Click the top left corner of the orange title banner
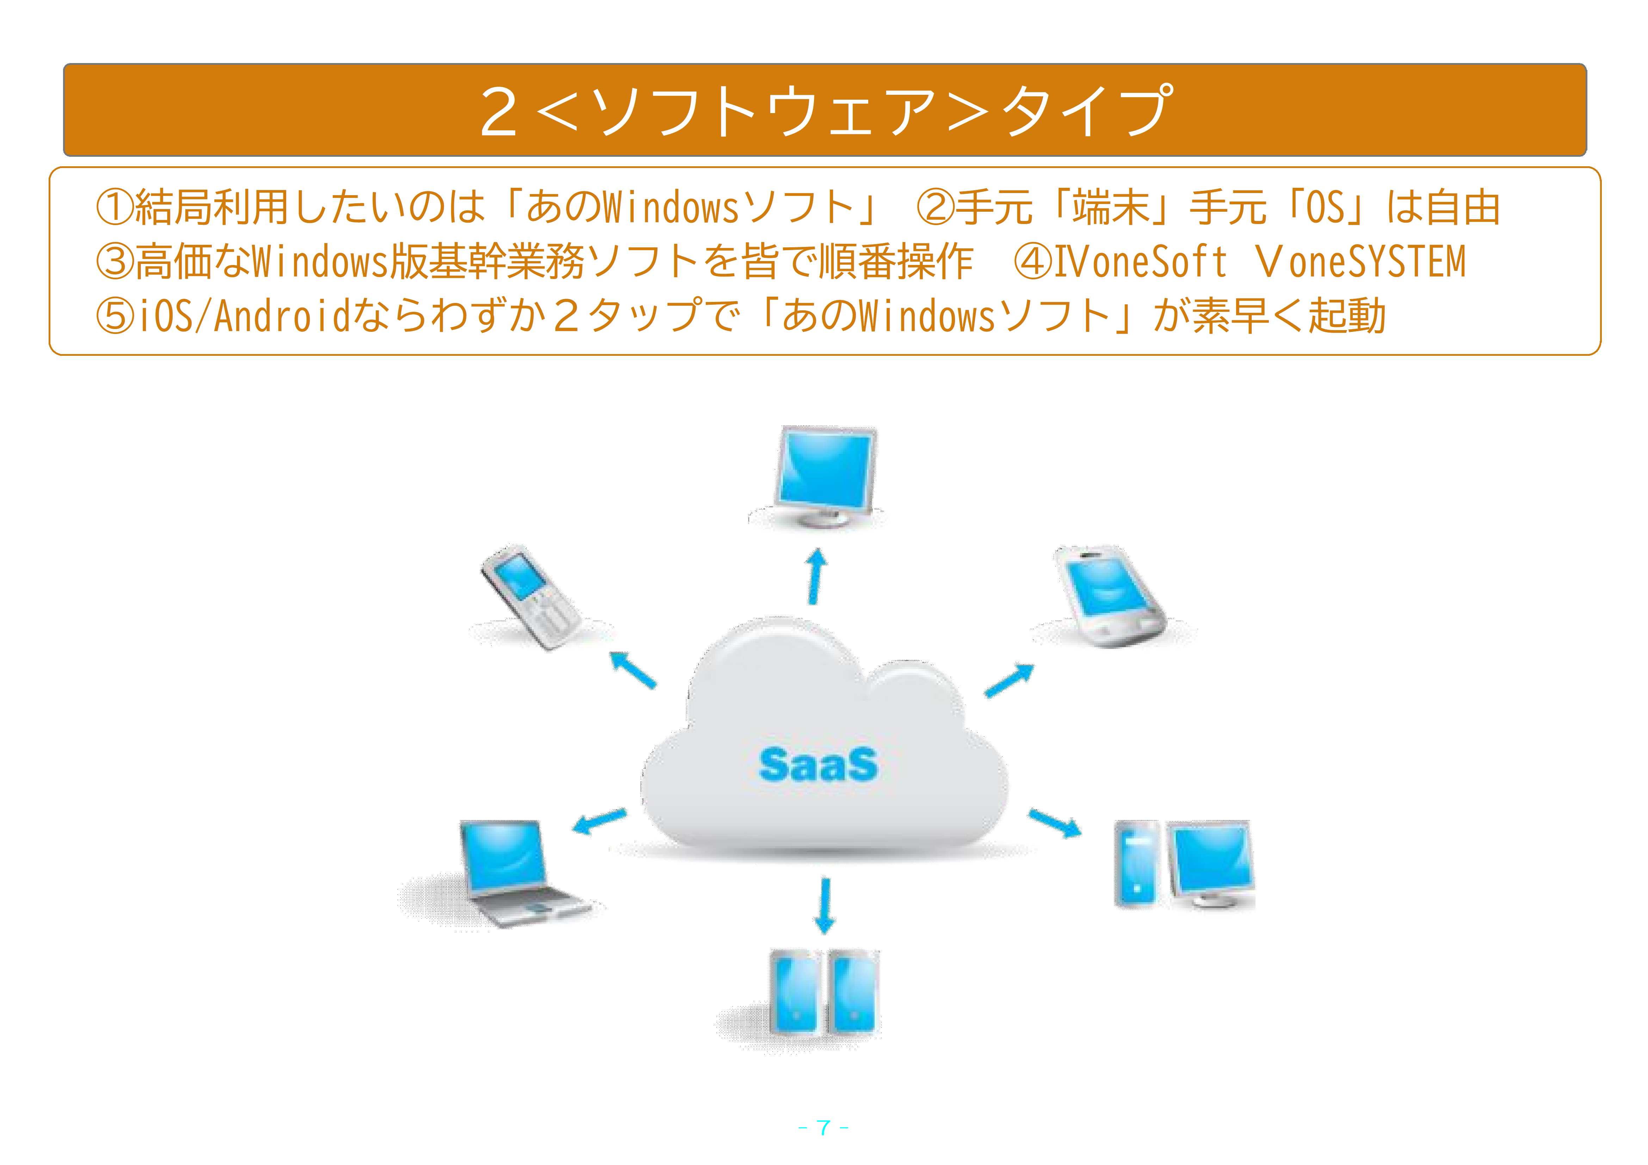pyautogui.click(x=64, y=64)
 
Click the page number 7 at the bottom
pyautogui.click(x=824, y=1128)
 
